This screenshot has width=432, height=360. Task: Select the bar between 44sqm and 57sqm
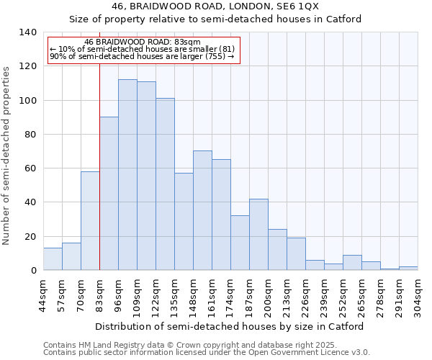coord(53,259)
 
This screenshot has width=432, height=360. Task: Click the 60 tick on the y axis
coord(31,168)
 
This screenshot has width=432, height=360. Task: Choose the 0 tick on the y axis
coord(34,271)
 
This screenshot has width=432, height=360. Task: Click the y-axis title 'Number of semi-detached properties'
coord(7,155)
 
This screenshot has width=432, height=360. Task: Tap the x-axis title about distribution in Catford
coord(229,326)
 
